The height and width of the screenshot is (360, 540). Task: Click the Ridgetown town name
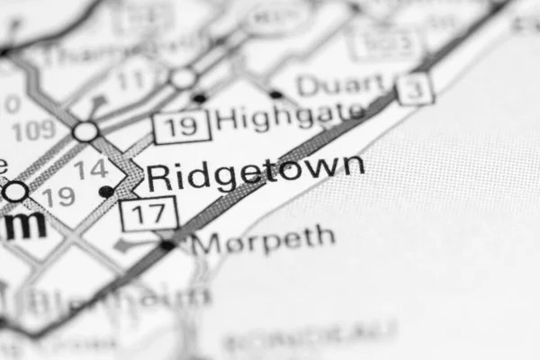[256, 172]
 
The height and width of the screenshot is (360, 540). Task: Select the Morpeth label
[263, 240]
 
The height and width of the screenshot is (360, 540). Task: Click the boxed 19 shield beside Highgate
[182, 126]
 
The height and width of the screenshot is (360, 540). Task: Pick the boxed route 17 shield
[149, 212]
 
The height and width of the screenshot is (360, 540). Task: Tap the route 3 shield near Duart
[416, 88]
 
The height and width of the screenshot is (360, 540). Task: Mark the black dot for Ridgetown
[106, 191]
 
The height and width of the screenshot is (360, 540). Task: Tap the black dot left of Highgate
[199, 97]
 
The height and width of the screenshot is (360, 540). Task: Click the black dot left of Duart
[275, 94]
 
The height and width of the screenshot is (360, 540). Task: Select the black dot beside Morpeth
[167, 245]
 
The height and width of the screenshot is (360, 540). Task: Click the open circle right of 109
[85, 132]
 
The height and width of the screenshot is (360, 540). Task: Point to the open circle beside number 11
[184, 79]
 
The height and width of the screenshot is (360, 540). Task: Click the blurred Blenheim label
[117, 298]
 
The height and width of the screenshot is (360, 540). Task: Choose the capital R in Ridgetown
[158, 175]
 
